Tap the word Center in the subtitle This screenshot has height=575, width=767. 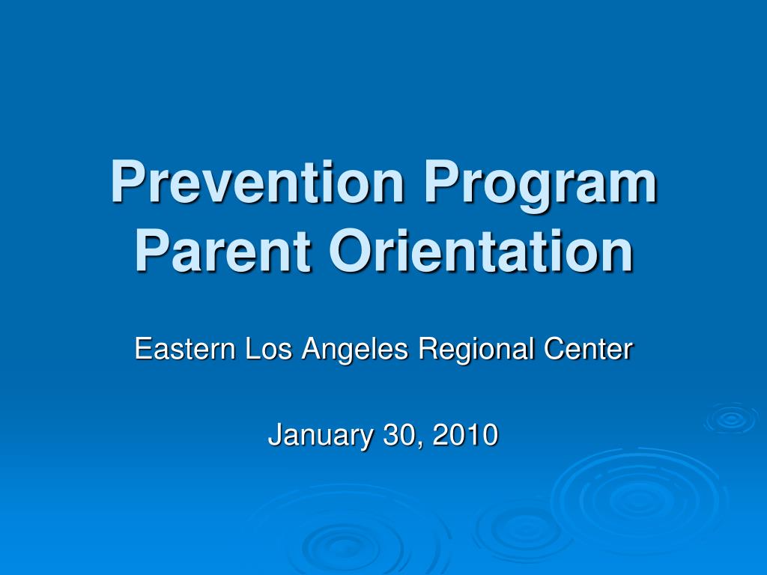(588, 350)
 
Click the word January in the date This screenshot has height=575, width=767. (318, 435)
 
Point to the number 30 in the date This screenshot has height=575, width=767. (396, 435)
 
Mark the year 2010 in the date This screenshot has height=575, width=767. (465, 435)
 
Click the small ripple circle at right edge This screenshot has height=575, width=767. (730, 419)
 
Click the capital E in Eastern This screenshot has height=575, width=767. (142, 350)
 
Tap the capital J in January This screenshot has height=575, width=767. (274, 435)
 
